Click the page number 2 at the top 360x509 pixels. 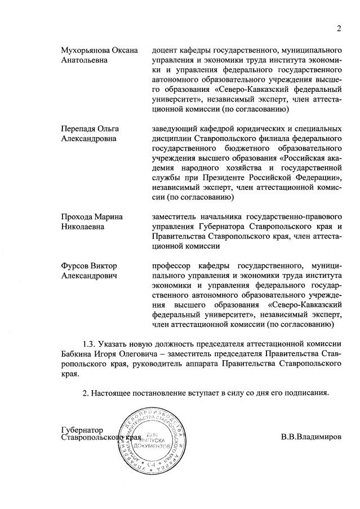click(x=339, y=29)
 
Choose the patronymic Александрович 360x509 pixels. click(x=88, y=276)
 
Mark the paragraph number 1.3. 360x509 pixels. click(x=89, y=343)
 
